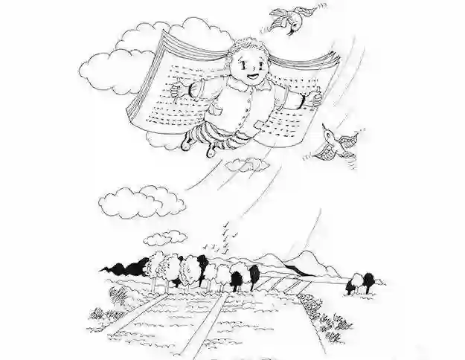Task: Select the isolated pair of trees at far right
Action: point(362,282)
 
